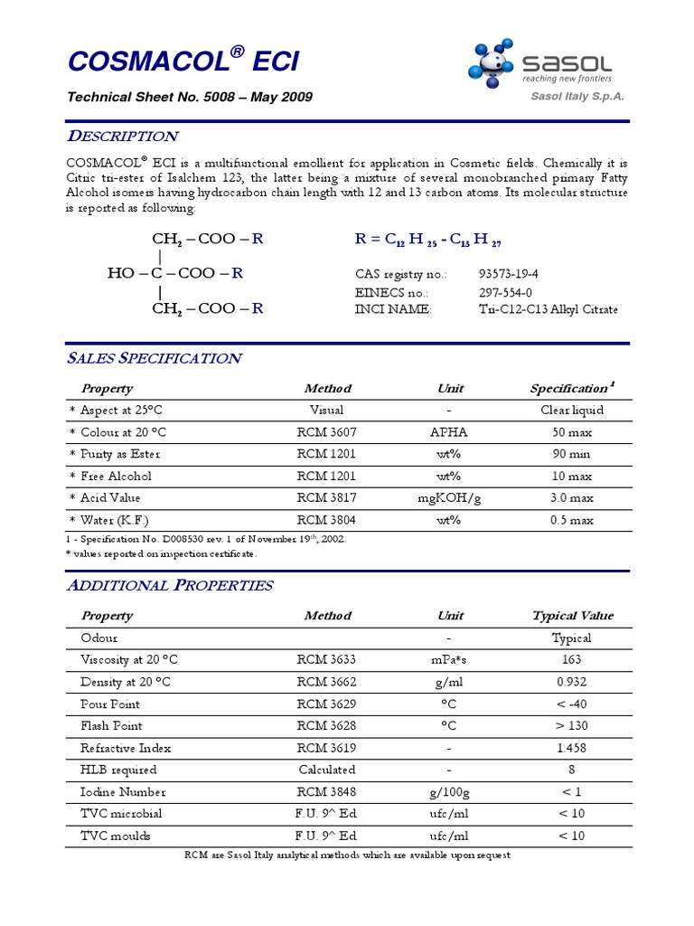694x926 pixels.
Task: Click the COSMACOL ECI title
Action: coord(183,61)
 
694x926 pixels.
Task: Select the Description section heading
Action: coord(124,137)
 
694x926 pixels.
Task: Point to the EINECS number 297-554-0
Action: coord(505,293)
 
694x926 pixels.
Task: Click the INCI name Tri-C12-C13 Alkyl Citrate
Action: coord(549,309)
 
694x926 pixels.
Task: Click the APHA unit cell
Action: coord(449,432)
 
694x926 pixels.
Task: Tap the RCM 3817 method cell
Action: coord(326,497)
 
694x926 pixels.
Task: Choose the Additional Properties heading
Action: coord(171,585)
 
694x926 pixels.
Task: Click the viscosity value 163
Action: coord(572,659)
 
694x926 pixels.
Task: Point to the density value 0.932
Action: coord(572,682)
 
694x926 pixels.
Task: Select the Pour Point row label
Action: coord(110,704)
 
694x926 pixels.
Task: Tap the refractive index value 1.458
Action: coord(572,748)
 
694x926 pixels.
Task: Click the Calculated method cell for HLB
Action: coord(327,770)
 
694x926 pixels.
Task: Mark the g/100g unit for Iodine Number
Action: coord(449,792)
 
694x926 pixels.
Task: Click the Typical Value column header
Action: coord(572,616)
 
